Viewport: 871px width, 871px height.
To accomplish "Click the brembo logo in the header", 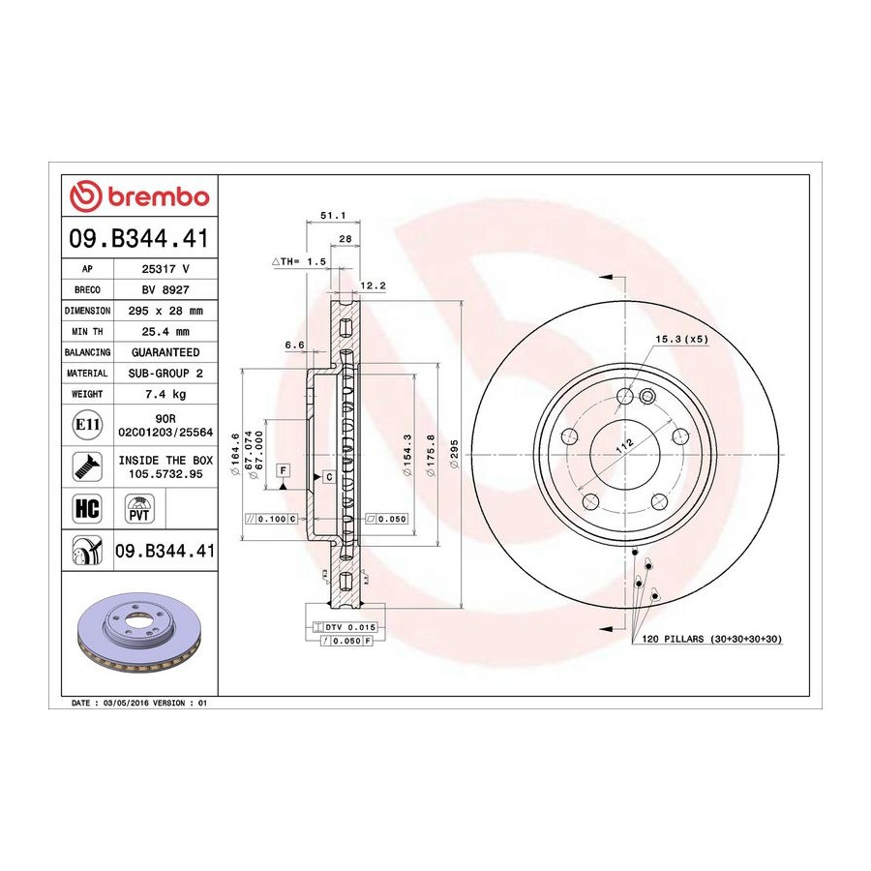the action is click(139, 196).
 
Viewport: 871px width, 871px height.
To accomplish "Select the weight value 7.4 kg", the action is click(165, 395).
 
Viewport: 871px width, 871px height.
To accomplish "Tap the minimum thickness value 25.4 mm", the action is click(165, 332).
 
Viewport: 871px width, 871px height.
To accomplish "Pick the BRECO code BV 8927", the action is click(165, 290).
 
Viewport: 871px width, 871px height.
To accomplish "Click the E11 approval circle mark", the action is click(87, 425).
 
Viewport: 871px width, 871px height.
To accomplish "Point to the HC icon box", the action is click(87, 509).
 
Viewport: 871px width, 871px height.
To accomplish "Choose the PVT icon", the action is click(138, 509).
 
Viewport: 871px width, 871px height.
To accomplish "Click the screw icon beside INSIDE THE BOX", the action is click(87, 466).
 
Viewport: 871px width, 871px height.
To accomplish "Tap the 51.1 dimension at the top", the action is click(333, 216).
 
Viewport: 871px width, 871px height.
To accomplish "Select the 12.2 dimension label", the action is click(374, 286).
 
